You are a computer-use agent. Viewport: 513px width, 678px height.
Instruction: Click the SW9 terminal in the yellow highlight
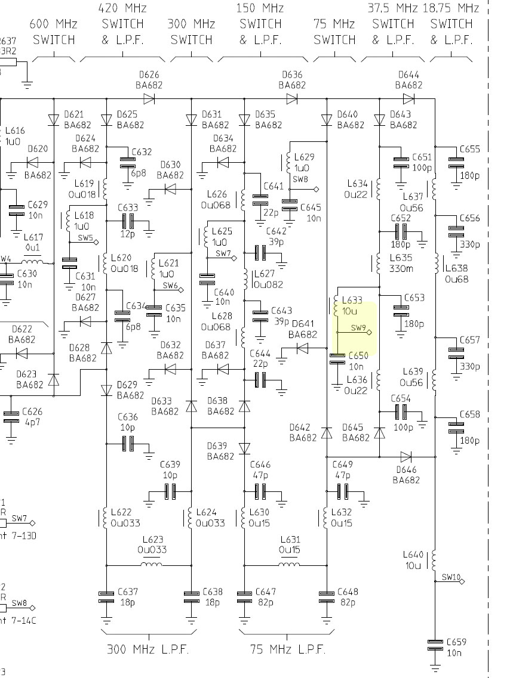tap(368, 332)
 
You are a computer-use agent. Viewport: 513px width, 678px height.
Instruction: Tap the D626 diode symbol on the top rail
tap(149, 98)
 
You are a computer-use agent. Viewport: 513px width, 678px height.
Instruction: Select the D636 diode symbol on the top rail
tap(292, 98)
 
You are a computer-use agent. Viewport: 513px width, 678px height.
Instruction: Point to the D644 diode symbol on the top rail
tap(408, 98)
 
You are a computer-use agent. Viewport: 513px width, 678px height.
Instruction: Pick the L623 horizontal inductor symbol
tap(152, 564)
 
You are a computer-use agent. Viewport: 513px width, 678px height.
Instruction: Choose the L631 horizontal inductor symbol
tap(290, 564)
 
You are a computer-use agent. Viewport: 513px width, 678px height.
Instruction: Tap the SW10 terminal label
tap(451, 577)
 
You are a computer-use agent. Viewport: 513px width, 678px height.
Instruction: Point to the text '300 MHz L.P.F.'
tap(148, 649)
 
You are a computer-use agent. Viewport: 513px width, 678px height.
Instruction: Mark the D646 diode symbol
tap(406, 457)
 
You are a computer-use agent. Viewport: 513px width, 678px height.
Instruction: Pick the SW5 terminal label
tap(85, 238)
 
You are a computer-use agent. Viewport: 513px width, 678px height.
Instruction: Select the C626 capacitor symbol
tap(11, 416)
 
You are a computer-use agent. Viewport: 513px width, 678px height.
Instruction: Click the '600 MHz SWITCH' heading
tap(54, 32)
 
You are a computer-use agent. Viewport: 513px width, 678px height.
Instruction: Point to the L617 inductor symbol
tap(33, 262)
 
